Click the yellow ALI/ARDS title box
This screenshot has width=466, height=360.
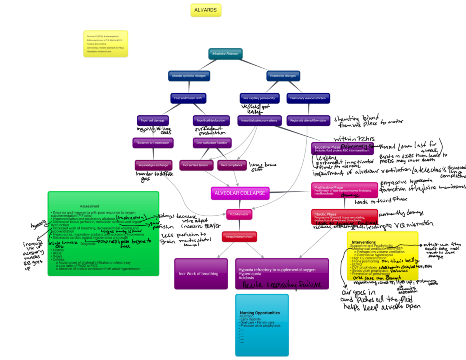coord(206,10)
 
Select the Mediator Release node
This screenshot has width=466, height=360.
coord(225,54)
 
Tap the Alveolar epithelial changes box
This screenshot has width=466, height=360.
coord(189,76)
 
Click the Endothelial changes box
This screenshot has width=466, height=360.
coord(283,76)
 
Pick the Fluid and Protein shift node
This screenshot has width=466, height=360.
coord(188,98)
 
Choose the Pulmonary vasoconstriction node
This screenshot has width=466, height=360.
coord(308,98)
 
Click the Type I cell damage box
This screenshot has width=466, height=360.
coord(153,120)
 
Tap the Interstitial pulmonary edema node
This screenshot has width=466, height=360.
coord(259,120)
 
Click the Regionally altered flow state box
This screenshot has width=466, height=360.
coord(308,120)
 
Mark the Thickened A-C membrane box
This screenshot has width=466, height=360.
coord(153,143)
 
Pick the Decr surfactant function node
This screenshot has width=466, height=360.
coord(210,143)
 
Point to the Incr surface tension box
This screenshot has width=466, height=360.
coord(196,165)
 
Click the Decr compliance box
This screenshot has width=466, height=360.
coord(232,165)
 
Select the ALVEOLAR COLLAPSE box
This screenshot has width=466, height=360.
coord(240,193)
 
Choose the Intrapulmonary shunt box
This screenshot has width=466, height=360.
coord(240,236)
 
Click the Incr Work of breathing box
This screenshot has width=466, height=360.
coord(198,274)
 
